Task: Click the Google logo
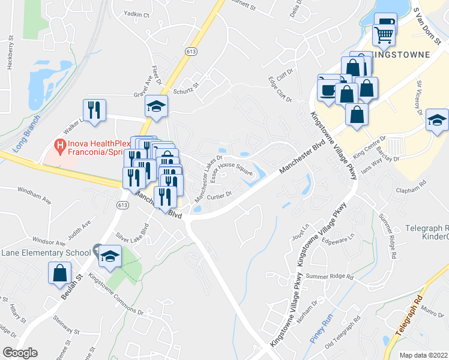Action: [x=20, y=353]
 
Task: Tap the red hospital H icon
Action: [x=59, y=145]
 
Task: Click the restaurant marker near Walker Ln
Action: [x=94, y=110]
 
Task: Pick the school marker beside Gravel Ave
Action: [x=157, y=107]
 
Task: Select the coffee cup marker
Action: [x=328, y=89]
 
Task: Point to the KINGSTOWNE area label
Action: [x=400, y=55]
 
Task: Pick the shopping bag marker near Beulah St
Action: [x=61, y=273]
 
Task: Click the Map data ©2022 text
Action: [x=423, y=355]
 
